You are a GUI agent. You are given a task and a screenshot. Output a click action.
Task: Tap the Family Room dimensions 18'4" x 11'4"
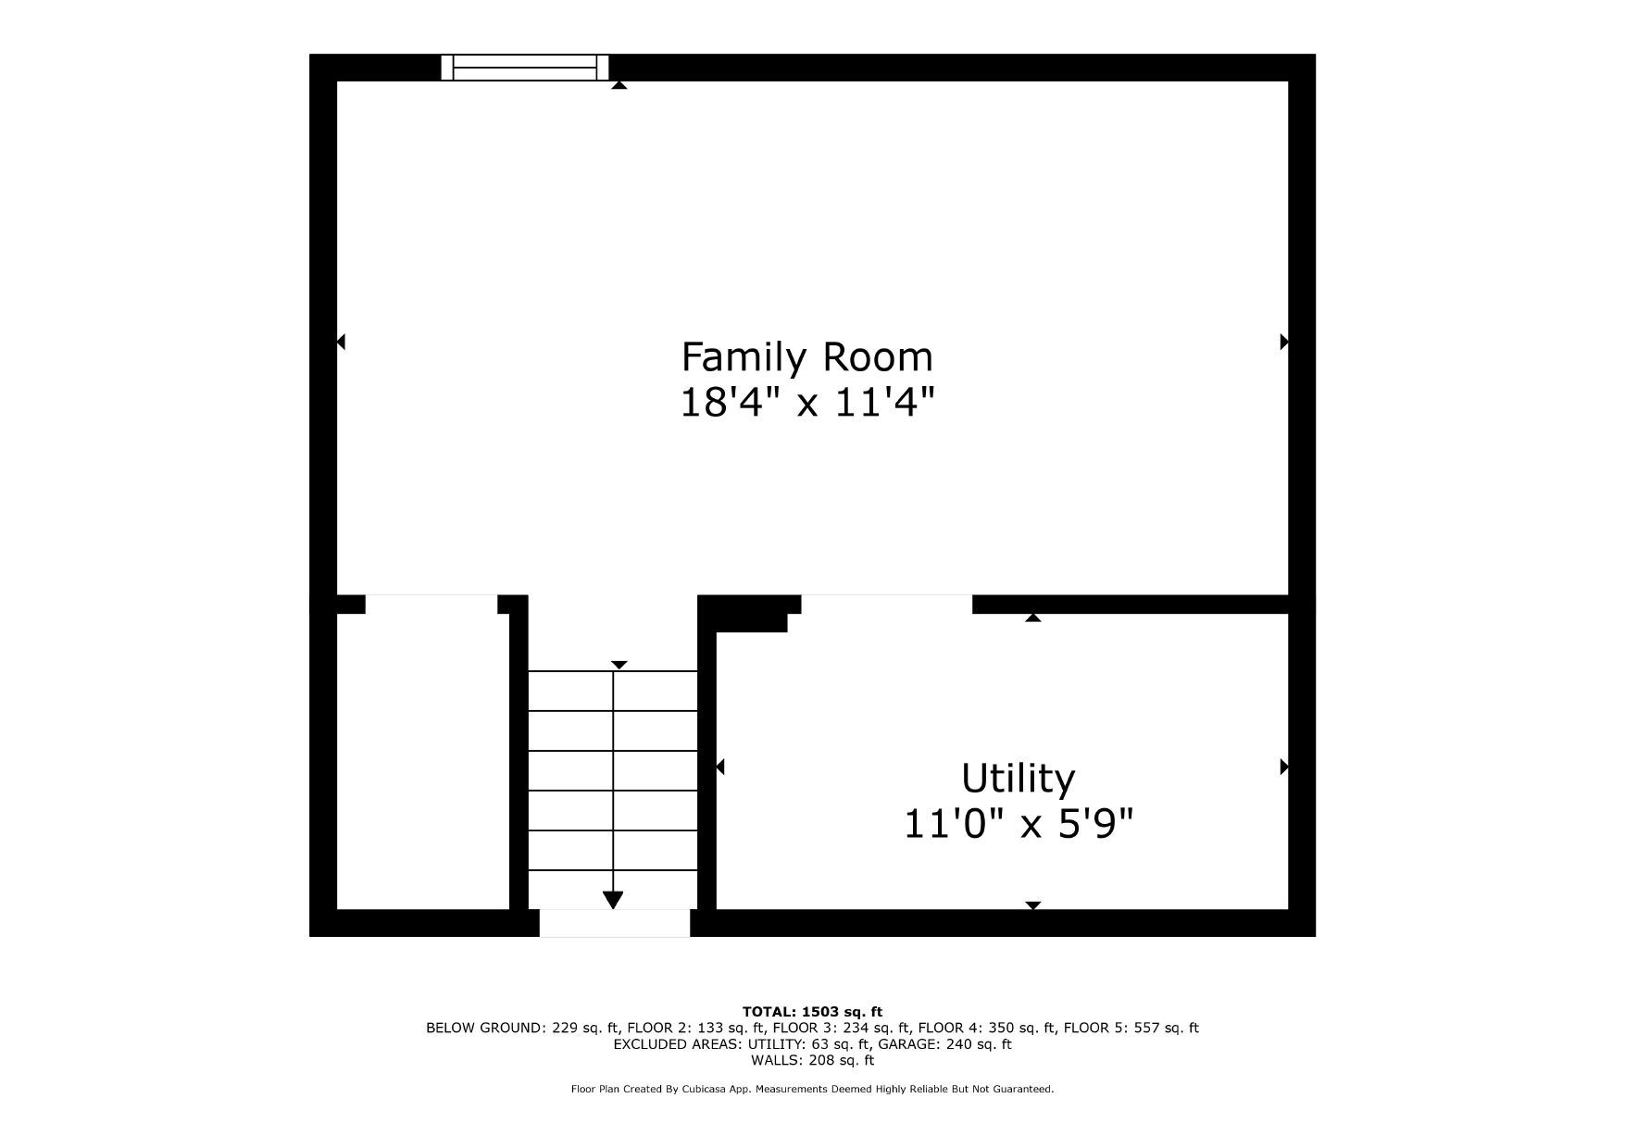click(806, 403)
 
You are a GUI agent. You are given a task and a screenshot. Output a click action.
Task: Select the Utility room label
click(1018, 780)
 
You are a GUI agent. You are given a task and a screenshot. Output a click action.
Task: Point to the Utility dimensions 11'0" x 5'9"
click(1018, 823)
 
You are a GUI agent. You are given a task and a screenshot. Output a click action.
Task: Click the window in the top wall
click(525, 68)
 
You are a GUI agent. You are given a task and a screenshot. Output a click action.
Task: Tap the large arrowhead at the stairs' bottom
click(613, 900)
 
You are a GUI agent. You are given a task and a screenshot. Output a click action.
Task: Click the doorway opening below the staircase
click(615, 923)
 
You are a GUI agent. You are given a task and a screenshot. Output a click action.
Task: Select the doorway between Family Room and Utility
click(886, 605)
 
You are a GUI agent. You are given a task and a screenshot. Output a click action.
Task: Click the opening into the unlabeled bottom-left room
click(431, 605)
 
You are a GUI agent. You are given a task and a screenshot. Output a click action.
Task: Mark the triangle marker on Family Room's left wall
click(341, 342)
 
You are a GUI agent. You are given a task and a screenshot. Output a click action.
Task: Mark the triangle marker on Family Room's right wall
click(1284, 342)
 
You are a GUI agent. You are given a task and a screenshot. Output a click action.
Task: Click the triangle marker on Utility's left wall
click(720, 767)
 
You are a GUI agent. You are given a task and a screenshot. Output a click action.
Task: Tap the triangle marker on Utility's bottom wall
click(1033, 905)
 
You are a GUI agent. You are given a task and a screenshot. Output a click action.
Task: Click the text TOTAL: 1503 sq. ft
click(812, 1012)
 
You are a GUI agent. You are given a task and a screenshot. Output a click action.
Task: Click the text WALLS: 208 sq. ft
click(812, 1061)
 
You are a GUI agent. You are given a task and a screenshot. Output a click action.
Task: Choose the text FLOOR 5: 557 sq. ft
click(1131, 1028)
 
